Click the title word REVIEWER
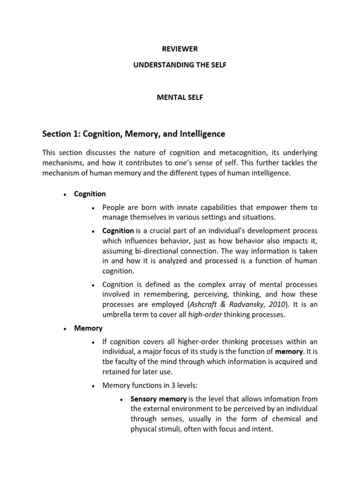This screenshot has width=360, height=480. tap(180, 49)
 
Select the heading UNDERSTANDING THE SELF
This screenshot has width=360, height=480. tap(180, 65)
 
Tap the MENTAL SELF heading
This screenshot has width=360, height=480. tap(180, 98)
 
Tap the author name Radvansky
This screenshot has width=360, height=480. tap(252, 304)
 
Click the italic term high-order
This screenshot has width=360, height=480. tap(205, 315)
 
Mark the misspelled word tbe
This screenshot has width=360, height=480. tap(108, 361)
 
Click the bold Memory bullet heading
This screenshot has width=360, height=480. tap(88, 328)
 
